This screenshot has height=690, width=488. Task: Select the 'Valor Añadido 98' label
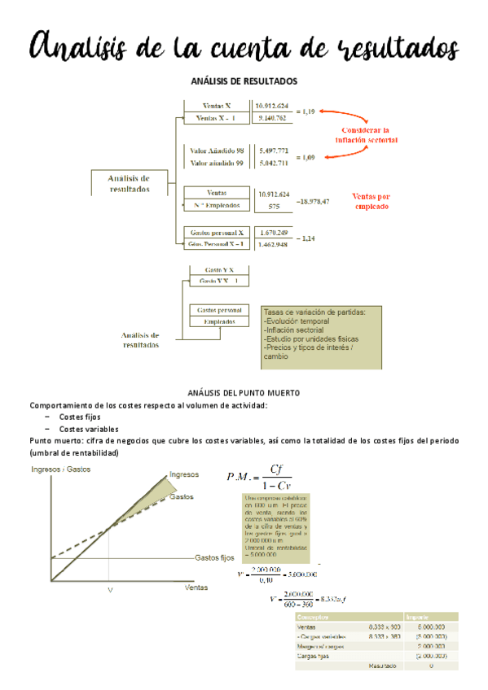pyautogui.click(x=217, y=151)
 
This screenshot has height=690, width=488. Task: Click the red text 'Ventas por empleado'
pyautogui.click(x=370, y=201)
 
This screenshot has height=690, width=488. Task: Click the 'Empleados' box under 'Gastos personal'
pyautogui.click(x=219, y=321)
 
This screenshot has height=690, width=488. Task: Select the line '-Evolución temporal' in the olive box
pyautogui.click(x=294, y=321)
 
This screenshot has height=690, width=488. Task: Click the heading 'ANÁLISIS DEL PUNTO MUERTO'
pyautogui.click(x=244, y=393)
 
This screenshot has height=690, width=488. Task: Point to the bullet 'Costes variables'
pyautogui.click(x=89, y=429)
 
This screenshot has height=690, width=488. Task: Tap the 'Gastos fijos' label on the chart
pyautogui.click(x=214, y=558)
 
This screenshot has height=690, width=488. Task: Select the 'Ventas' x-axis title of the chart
pyautogui.click(x=196, y=587)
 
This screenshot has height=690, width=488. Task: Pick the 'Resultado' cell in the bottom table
pyautogui.click(x=380, y=666)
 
